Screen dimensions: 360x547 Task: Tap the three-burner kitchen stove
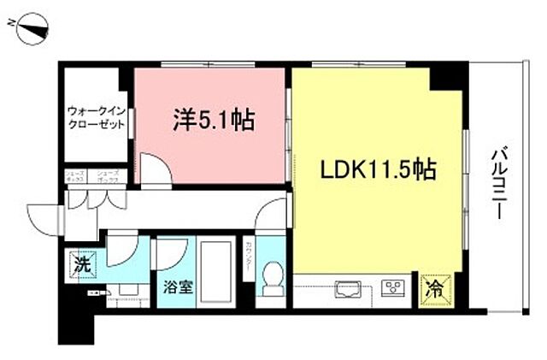(x=394, y=287)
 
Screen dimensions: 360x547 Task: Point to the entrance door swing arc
(x=41, y=219)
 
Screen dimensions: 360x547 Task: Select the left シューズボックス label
(x=74, y=178)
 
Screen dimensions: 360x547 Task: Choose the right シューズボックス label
(x=107, y=178)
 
